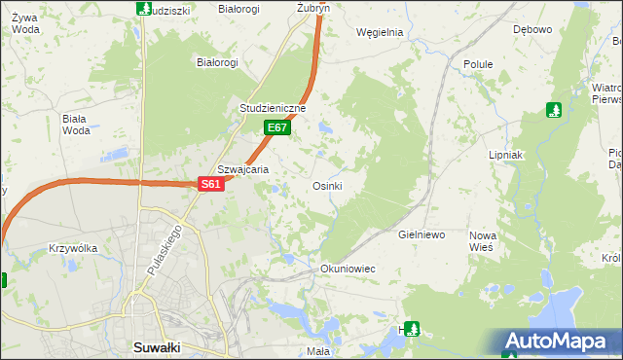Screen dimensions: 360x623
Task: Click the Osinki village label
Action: (x=326, y=186)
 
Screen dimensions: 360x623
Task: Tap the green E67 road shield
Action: (x=276, y=127)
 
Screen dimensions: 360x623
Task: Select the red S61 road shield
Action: (x=211, y=184)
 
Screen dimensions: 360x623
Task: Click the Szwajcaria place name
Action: (x=242, y=168)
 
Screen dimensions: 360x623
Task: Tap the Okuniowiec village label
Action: (x=348, y=268)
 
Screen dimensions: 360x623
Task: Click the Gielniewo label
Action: (x=421, y=235)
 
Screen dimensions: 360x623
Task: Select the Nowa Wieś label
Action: (x=483, y=242)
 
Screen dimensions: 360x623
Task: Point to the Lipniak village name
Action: (x=506, y=155)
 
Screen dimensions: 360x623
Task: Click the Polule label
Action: (x=478, y=64)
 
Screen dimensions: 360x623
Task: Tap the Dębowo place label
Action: (x=532, y=29)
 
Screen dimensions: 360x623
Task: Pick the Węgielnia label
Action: (x=380, y=31)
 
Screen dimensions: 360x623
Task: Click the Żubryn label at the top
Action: (x=313, y=7)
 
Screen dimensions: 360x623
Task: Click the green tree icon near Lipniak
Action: (x=554, y=110)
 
